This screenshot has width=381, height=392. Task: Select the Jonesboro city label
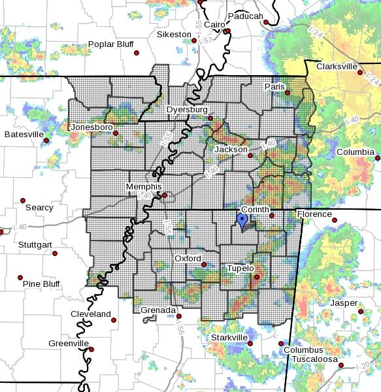pyautogui.click(x=91, y=126)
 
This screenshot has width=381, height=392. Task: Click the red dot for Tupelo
pyautogui.click(x=257, y=277)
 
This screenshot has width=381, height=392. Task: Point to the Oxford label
pyautogui.click(x=188, y=259)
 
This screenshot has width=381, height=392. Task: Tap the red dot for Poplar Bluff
pyautogui.click(x=137, y=53)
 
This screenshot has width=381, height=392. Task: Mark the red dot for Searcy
pyautogui.click(x=23, y=201)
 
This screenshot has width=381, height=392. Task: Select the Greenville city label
pyautogui.click(x=69, y=343)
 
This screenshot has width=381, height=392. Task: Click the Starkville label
pyautogui.click(x=229, y=337)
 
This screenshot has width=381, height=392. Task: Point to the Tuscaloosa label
pyautogui.click(x=314, y=359)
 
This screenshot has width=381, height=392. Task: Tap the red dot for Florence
pyautogui.click(x=335, y=220)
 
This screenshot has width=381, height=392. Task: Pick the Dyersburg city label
pyautogui.click(x=186, y=110)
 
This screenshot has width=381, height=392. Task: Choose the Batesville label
pyautogui.click(x=24, y=134)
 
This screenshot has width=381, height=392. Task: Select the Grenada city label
pyautogui.click(x=158, y=310)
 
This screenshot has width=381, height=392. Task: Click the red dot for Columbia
pyautogui.click(x=377, y=157)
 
